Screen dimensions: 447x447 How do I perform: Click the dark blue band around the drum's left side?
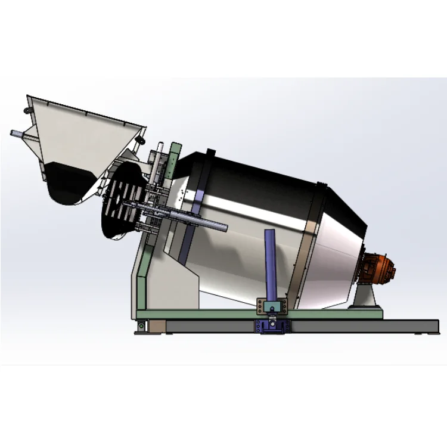190,226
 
